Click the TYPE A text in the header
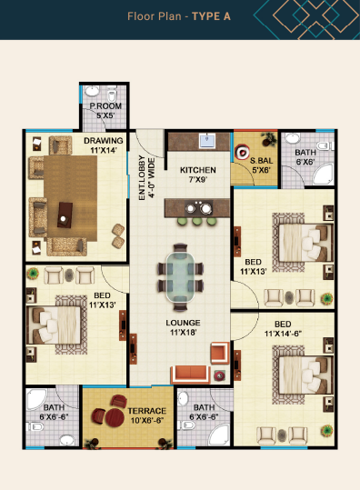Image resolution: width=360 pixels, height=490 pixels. (211, 16)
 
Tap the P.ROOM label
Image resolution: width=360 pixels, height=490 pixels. (105, 106)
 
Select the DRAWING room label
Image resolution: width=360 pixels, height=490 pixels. (104, 141)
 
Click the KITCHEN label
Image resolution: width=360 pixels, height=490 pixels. (198, 170)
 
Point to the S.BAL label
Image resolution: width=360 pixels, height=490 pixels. (261, 161)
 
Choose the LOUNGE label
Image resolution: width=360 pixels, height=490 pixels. (183, 323)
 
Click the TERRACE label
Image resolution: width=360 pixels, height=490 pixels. (147, 411)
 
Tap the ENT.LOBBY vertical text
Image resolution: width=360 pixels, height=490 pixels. (142, 178)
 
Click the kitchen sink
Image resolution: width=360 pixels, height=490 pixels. (207, 141)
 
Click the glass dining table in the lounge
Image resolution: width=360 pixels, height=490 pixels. (181, 277)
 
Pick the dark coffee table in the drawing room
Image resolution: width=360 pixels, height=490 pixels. (65, 215)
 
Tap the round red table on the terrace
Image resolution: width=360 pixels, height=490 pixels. (115, 418)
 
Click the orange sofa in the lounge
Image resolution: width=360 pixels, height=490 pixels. (191, 374)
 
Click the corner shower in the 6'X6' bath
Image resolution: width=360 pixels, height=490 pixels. (323, 175)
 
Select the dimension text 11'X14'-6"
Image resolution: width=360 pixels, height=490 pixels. (283, 334)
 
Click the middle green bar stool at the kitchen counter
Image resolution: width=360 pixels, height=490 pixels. (197, 222)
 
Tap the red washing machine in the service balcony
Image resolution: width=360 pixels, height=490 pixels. (242, 152)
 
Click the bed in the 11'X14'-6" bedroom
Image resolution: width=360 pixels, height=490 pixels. (305, 375)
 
